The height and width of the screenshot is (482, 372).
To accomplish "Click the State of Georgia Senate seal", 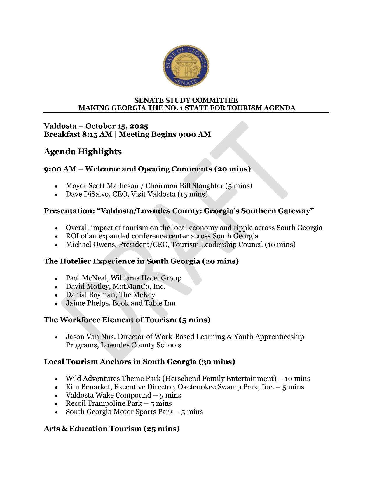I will click(186, 66).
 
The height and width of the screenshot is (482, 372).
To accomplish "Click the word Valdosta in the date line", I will click(60, 126).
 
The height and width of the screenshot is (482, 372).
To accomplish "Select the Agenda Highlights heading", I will click(83, 152).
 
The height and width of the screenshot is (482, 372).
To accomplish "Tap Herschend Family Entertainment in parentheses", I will click(219, 379).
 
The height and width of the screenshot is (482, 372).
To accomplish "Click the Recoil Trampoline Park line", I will click(118, 404).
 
